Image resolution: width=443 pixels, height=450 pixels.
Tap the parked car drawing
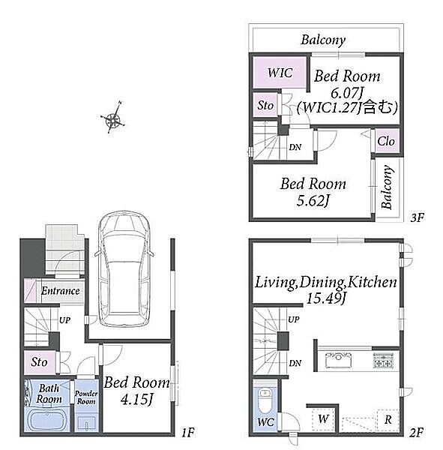[x=124, y=268]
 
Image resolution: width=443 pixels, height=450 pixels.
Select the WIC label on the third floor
[x=280, y=73]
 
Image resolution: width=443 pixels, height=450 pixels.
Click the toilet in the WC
[x=265, y=400]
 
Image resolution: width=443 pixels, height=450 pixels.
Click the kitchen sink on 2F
[x=339, y=360]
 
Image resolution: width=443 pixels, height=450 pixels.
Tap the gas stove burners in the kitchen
[x=383, y=361]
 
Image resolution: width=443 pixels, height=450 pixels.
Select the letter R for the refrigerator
[x=388, y=420]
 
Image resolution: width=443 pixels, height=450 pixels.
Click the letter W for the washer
[x=323, y=418]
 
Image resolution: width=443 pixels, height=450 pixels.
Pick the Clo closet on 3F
[x=386, y=141]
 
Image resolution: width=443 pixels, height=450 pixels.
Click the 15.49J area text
[x=325, y=298]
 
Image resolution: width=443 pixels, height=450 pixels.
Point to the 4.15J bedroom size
[x=136, y=399]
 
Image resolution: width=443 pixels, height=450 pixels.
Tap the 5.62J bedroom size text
[x=313, y=200]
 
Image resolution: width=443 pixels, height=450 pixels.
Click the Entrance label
[x=60, y=291]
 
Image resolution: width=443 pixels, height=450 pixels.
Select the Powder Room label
[x=86, y=397]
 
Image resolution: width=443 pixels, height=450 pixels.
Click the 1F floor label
[x=188, y=432]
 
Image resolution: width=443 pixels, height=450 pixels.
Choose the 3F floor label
[x=418, y=217]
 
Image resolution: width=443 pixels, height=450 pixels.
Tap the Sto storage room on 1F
[x=40, y=362]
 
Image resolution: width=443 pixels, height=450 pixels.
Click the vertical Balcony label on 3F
[x=387, y=187]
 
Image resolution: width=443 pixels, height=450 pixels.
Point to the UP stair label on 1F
[x=64, y=320]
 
